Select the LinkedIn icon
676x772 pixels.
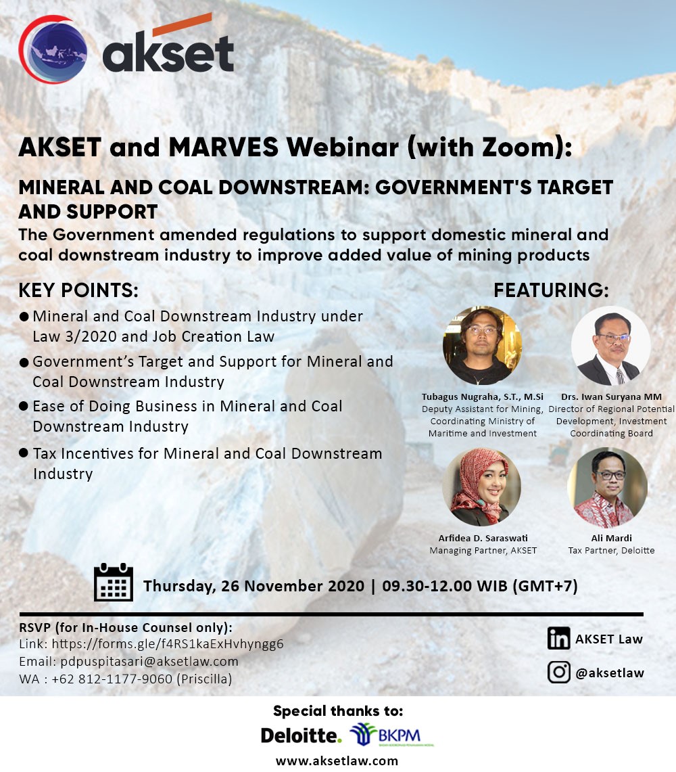(559, 639)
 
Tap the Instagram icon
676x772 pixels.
(559, 672)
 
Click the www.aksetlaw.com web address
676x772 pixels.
(337, 760)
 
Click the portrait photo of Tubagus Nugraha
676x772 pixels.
(483, 346)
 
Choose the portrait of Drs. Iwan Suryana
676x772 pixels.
(610, 346)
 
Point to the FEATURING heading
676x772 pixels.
(551, 290)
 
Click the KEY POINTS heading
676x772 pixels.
(78, 290)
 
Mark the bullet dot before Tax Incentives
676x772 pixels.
(24, 452)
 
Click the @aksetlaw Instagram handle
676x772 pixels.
(609, 673)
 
